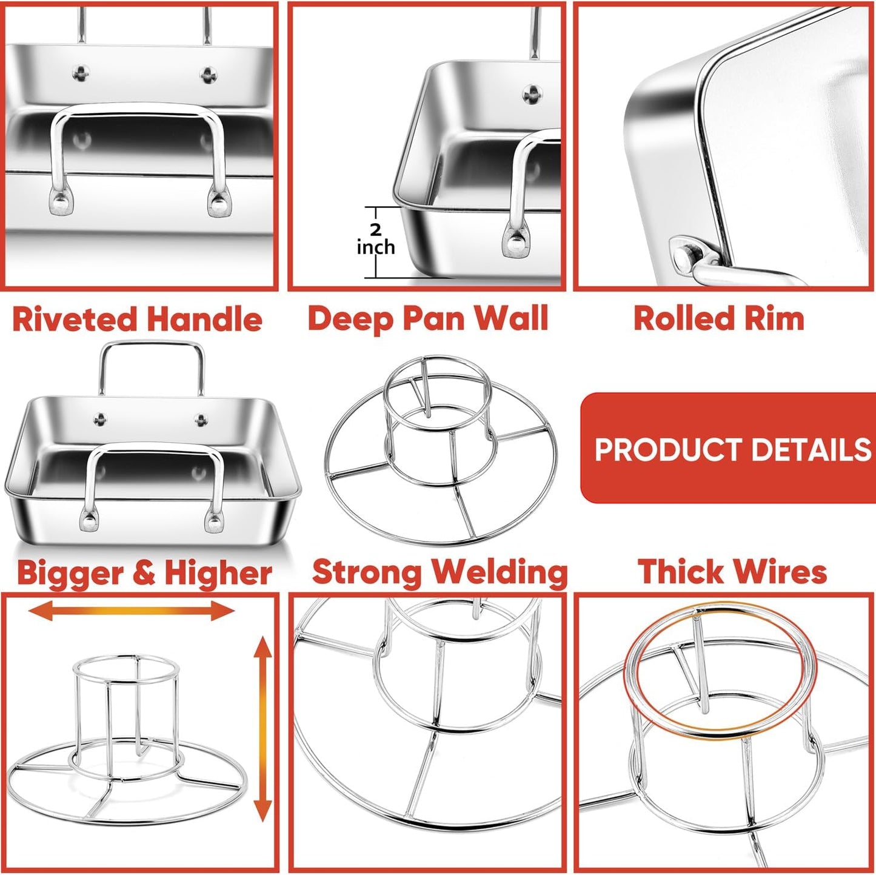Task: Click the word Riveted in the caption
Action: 74,319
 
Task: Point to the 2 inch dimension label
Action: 375,240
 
